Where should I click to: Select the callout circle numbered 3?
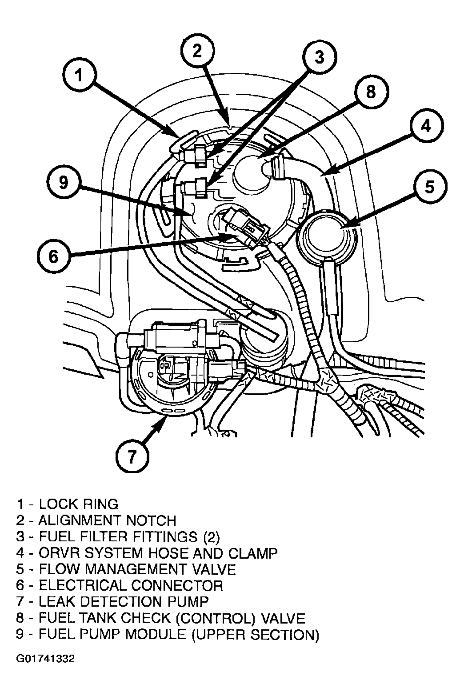point(319,57)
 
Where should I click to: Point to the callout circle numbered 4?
point(426,126)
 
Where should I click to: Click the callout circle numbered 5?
point(429,187)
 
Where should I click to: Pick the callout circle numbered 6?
point(53,256)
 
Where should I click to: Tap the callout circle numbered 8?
point(371,92)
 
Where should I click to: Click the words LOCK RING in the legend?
point(79,504)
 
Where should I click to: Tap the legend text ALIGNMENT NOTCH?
point(107,520)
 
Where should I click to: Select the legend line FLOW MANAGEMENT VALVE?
point(137,569)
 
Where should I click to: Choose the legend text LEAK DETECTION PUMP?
point(124,601)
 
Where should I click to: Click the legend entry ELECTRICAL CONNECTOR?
point(131,585)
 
